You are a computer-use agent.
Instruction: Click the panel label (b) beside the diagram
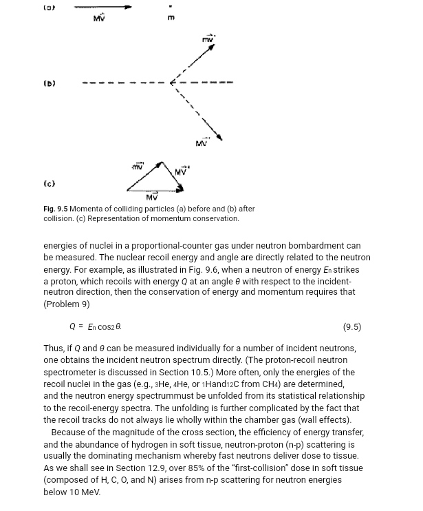pos(50,83)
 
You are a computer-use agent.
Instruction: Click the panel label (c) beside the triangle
pos(50,183)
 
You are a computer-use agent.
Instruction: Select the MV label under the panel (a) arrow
pos(99,17)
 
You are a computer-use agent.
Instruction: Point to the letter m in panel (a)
pos(171,18)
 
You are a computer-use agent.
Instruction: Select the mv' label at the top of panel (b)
pos(208,39)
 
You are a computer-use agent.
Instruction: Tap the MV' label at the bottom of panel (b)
pos(202,143)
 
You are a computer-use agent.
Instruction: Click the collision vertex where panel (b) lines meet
pos(172,83)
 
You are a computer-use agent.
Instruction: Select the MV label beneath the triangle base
pos(152,198)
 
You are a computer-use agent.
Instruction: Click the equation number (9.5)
pos(351,327)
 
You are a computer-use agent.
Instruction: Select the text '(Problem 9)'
pos(66,304)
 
